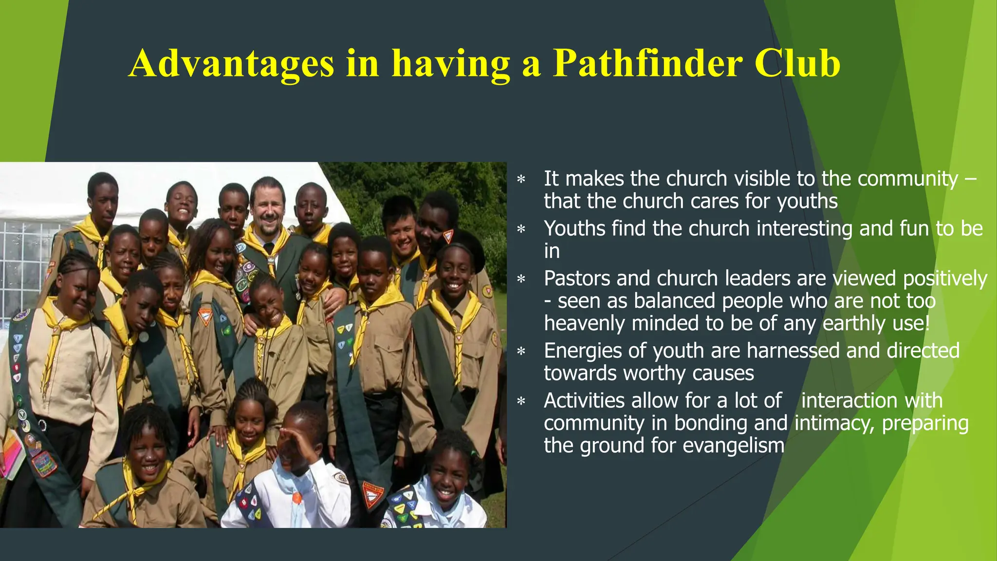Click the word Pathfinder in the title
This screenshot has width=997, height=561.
click(648, 63)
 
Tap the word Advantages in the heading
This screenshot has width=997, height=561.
click(231, 63)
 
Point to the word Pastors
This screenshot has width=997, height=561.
click(576, 279)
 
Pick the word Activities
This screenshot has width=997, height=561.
click(584, 401)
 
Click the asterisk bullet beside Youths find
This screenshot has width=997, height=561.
click(521, 229)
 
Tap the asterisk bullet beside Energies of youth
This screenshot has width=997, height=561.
click(521, 351)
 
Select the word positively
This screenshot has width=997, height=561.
click(945, 279)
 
